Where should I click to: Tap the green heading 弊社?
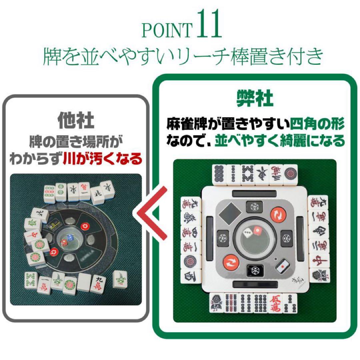click(x=255, y=99)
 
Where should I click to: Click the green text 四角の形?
click(x=317, y=125)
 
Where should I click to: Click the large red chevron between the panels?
click(x=152, y=213)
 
